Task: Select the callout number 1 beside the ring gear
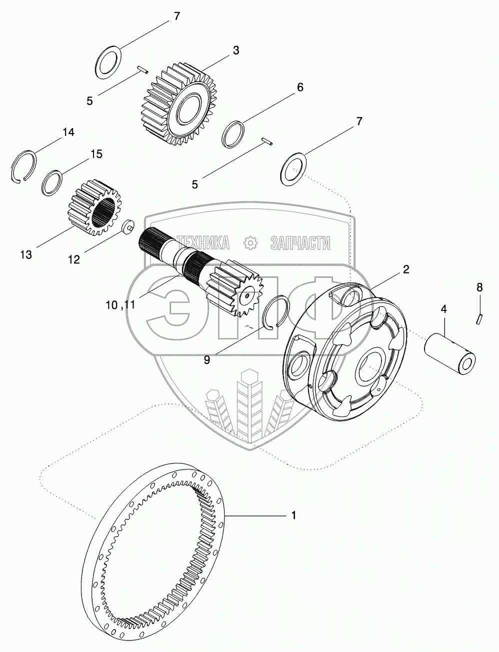pos(294,515)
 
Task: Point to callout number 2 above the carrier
pos(406,270)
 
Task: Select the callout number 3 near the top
pos(235,50)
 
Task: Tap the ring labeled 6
pos(233,134)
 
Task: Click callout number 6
pos(299,87)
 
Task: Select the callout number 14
pos(68,132)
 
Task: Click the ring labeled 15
pos(52,183)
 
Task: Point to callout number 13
pos(26,254)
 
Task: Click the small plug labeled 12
pos(127,226)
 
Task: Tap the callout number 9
pos(206,359)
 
